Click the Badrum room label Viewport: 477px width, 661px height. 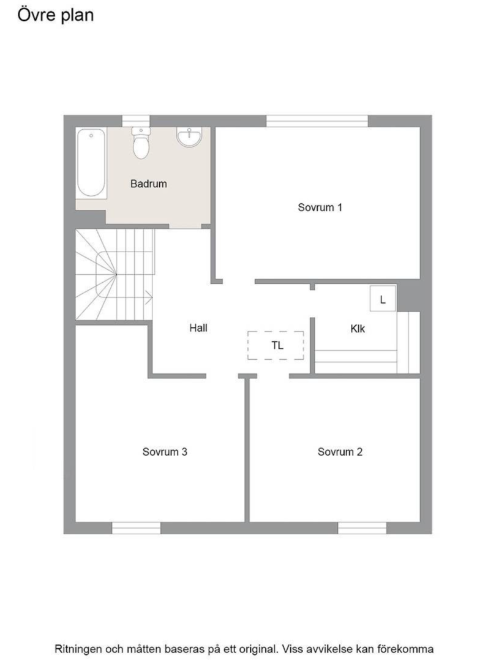coord(148,184)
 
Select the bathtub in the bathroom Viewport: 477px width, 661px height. coord(91,162)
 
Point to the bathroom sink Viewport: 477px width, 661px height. coord(189,137)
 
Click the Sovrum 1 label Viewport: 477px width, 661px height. coord(320,207)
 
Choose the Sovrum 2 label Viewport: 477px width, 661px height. coord(340,452)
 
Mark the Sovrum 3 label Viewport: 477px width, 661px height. coord(165,452)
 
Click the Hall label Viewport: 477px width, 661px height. coord(198,328)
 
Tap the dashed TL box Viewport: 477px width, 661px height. coord(276,345)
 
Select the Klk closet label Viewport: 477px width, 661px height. coord(358,329)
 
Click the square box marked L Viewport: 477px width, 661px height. coord(383,299)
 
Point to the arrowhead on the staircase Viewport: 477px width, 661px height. coord(149,298)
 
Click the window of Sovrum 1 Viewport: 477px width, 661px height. coord(317,121)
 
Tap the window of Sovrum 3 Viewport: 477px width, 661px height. coord(136,528)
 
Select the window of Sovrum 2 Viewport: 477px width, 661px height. coord(362,528)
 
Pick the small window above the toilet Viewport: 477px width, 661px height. coord(135,121)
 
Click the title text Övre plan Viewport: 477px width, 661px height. coord(56,15)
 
